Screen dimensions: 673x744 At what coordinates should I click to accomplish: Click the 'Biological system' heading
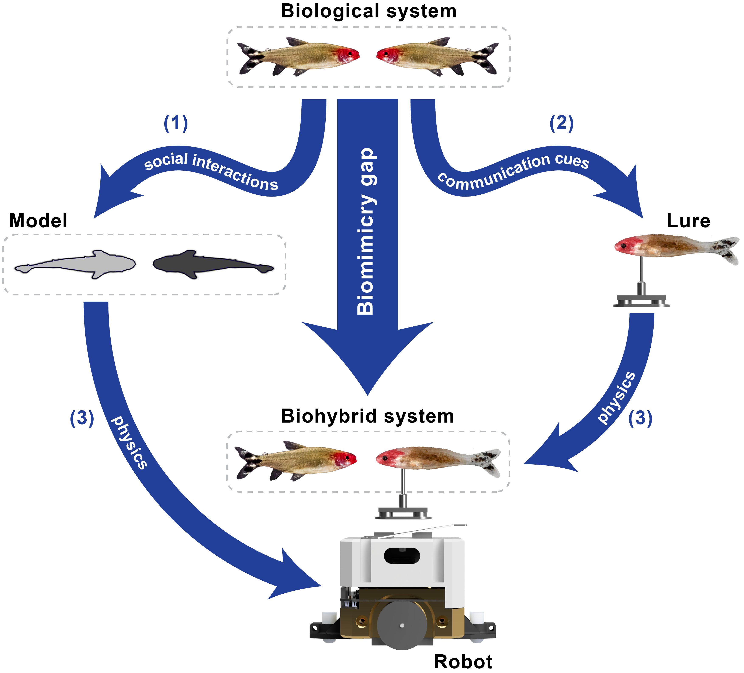(x=368, y=11)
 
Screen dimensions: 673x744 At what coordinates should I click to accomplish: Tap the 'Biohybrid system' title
(x=367, y=416)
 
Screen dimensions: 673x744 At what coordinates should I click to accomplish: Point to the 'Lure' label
(x=688, y=221)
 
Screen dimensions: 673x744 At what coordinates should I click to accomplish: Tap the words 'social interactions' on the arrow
(x=211, y=170)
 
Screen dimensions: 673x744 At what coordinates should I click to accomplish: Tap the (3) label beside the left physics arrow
(x=82, y=418)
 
